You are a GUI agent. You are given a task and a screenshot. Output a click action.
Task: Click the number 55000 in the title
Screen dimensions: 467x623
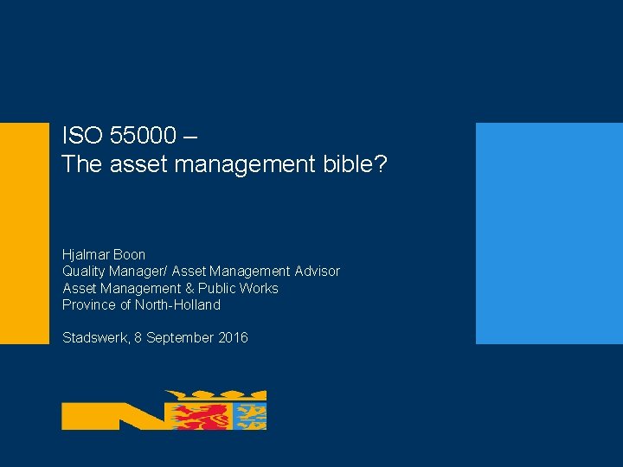click(x=146, y=136)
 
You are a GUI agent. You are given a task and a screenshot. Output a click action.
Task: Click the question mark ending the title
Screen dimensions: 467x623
click(x=379, y=164)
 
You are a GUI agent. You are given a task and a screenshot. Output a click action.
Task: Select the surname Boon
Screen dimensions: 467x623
click(x=131, y=255)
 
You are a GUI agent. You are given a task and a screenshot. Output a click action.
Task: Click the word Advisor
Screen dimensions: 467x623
click(x=317, y=272)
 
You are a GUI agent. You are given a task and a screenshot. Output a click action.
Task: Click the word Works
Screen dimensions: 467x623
click(x=260, y=288)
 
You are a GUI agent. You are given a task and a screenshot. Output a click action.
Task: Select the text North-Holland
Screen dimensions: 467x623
click(x=177, y=304)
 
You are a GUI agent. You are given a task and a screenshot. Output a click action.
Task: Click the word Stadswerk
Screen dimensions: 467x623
click(x=94, y=337)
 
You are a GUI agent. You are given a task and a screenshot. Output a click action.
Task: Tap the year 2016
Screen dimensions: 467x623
click(x=232, y=337)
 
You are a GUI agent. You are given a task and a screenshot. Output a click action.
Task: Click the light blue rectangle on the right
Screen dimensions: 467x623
click(x=549, y=233)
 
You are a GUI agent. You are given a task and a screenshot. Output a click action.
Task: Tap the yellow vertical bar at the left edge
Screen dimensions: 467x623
click(x=24, y=233)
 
